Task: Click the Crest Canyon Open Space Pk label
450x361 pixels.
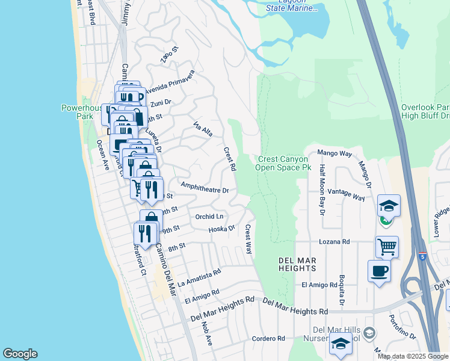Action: [x=285, y=163]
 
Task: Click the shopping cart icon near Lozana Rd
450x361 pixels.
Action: [x=387, y=246]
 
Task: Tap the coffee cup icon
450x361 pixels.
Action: [x=378, y=271]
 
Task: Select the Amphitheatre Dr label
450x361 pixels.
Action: [x=205, y=189]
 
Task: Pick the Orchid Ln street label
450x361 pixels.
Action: [x=209, y=217]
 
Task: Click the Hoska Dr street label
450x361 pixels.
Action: [x=221, y=229]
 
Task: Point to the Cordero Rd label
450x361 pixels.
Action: [x=268, y=339]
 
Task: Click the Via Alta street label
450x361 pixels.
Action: [x=203, y=129]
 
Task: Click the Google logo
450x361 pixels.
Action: [x=20, y=354]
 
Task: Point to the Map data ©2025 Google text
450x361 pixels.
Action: [x=413, y=356]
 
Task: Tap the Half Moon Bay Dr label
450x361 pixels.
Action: [x=322, y=190]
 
